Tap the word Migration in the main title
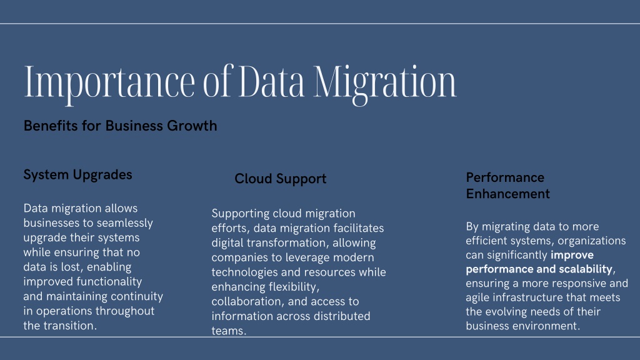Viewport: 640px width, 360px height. [x=385, y=83]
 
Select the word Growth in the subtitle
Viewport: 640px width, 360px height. [x=192, y=126]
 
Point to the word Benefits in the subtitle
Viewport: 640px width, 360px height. [x=51, y=126]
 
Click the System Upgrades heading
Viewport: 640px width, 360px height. [x=77, y=175]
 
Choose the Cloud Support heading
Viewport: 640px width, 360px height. [x=281, y=179]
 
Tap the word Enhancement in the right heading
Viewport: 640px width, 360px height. [x=507, y=194]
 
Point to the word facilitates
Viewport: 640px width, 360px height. [x=359, y=227]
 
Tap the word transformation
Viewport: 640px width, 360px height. [x=287, y=243]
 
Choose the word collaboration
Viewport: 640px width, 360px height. [x=247, y=302]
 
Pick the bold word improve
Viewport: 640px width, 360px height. [x=572, y=256]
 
